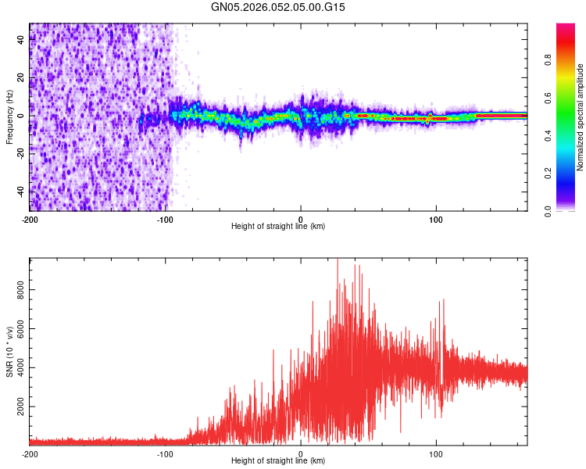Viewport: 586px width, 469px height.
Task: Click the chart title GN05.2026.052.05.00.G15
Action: [278, 7]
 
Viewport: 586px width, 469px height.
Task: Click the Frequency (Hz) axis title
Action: [9, 116]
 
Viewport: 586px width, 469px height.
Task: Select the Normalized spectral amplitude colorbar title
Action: [581, 117]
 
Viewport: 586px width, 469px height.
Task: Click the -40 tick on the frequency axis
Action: [20, 192]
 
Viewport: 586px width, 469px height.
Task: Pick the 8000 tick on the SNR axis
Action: [17, 289]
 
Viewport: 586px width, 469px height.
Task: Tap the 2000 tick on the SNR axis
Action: [17, 407]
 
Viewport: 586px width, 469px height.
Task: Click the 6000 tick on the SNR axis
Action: [17, 329]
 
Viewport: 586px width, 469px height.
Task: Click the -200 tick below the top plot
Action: [30, 219]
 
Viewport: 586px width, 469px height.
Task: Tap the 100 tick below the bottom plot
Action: [437, 453]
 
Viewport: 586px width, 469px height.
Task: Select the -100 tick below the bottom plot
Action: [165, 453]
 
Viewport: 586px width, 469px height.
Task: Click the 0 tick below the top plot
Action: [301, 219]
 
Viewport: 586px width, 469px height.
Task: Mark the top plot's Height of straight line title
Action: [278, 227]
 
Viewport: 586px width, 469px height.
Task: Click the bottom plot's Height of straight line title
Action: [278, 461]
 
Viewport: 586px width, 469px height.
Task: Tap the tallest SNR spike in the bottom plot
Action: [338, 260]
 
